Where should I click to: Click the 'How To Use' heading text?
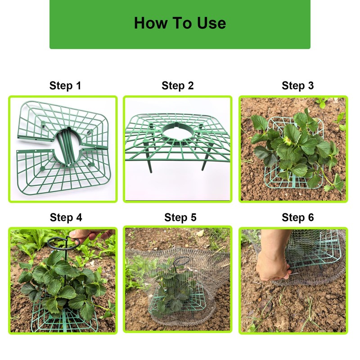click(x=180, y=23)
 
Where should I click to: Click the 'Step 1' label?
click(x=65, y=85)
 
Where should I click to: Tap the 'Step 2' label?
click(x=177, y=85)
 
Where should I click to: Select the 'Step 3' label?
click(x=297, y=85)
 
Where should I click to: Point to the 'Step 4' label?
click(x=66, y=217)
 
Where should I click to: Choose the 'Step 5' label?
click(x=180, y=217)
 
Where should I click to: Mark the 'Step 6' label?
click(x=297, y=217)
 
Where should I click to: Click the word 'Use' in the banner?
click(x=211, y=23)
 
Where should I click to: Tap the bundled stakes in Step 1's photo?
click(x=67, y=148)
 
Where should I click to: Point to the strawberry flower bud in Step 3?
click(x=287, y=140)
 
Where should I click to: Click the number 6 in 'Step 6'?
click(x=311, y=217)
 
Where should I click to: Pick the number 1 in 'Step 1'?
click(x=78, y=85)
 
